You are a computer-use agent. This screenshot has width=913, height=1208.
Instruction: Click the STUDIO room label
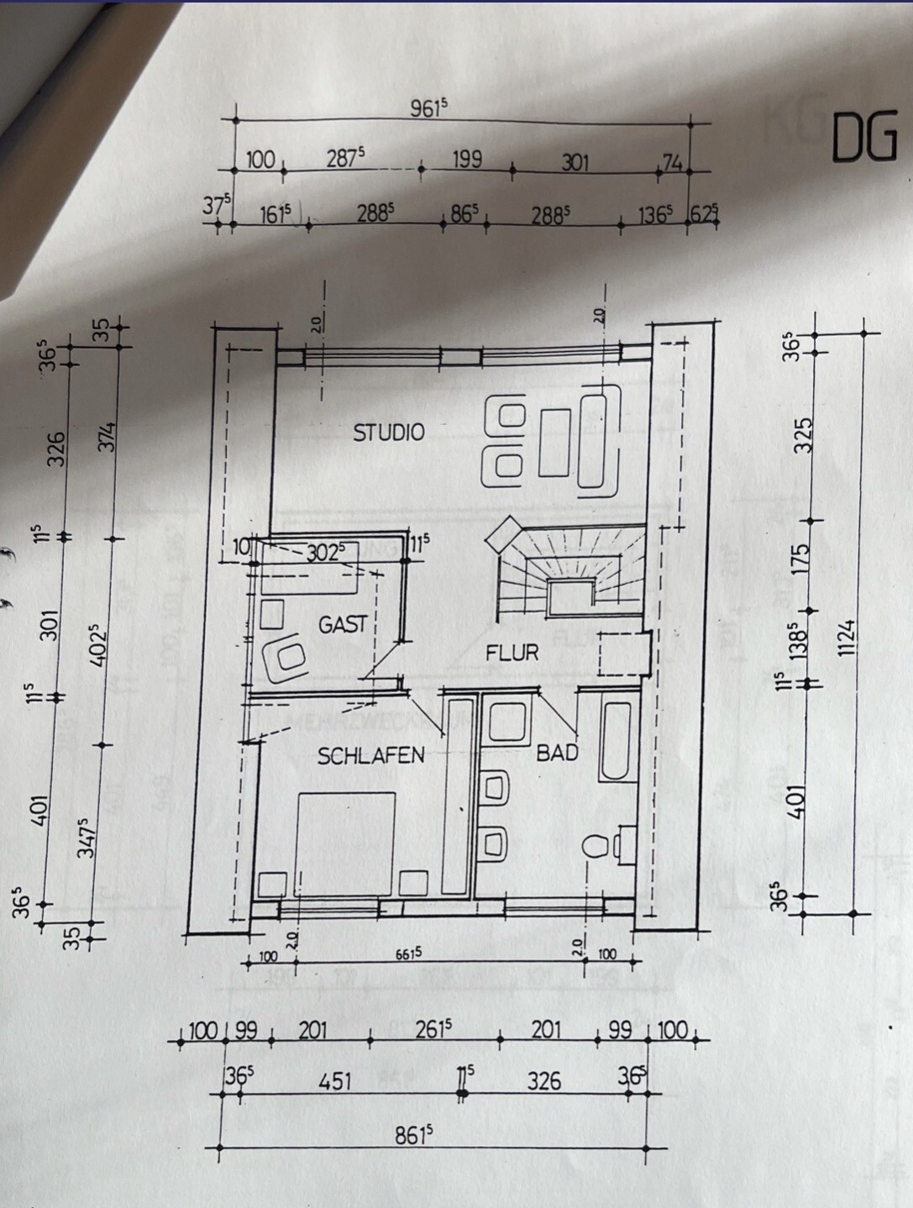pos(388,433)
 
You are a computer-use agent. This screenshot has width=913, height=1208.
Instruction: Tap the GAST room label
pos(342,624)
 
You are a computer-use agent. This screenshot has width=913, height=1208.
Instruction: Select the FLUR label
pos(512,652)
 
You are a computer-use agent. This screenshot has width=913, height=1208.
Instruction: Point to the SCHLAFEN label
pos(370,756)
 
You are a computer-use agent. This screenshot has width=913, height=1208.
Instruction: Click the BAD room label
pos(557,753)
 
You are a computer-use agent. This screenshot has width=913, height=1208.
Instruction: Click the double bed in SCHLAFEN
pos(345,843)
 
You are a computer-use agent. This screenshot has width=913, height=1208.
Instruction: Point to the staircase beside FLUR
pos(571,571)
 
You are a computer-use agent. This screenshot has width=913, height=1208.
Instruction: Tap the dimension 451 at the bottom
pos(334,1080)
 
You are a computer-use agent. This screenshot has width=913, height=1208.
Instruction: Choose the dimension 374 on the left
pos(108,437)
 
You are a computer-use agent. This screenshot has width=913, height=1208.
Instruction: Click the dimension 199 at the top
pos(467,159)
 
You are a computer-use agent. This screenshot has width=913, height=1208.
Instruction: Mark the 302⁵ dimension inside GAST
pos(326,553)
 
